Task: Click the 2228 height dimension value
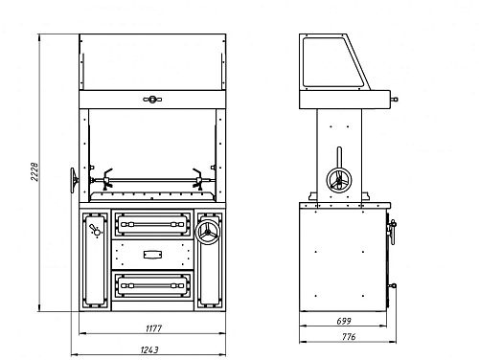[x=34, y=171]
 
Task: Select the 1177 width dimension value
[x=154, y=328]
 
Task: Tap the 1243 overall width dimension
[x=149, y=349]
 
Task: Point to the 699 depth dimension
[x=344, y=321]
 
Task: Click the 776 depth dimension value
[x=349, y=337]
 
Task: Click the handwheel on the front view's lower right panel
[x=208, y=232]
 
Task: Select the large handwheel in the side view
[x=339, y=180]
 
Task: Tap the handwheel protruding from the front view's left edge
[x=74, y=180]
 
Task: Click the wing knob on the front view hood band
[x=152, y=100]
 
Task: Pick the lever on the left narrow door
[x=95, y=230]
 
